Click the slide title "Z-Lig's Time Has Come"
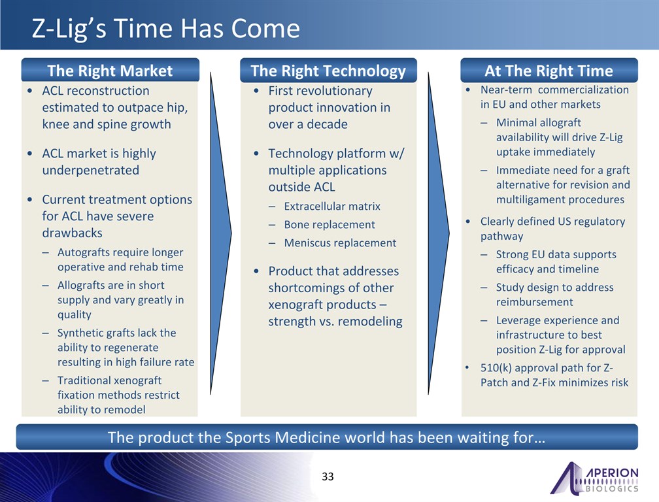165,29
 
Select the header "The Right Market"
110,70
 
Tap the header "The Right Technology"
328,71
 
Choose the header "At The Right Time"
549,70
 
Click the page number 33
328,476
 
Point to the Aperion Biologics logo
594,478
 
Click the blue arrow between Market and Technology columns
220,233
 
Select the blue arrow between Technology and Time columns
438,233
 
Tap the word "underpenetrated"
90,170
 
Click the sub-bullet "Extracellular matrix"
332,207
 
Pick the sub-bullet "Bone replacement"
329,225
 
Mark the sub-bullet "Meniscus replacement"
340,243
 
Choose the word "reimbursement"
534,302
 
